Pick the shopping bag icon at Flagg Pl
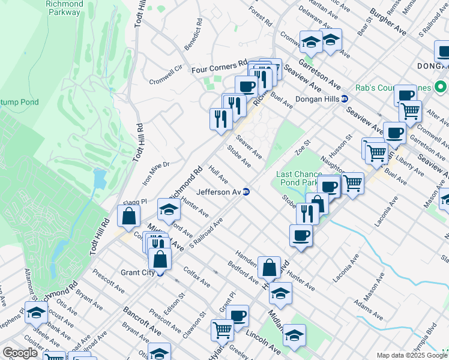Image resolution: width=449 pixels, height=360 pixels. (129, 216)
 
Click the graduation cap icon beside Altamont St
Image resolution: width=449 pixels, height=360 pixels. (37, 313)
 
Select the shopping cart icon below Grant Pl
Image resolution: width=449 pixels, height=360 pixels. (222, 329)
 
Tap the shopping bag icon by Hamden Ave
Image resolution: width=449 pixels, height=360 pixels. (270, 266)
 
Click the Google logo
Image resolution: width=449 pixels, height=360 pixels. (20, 353)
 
